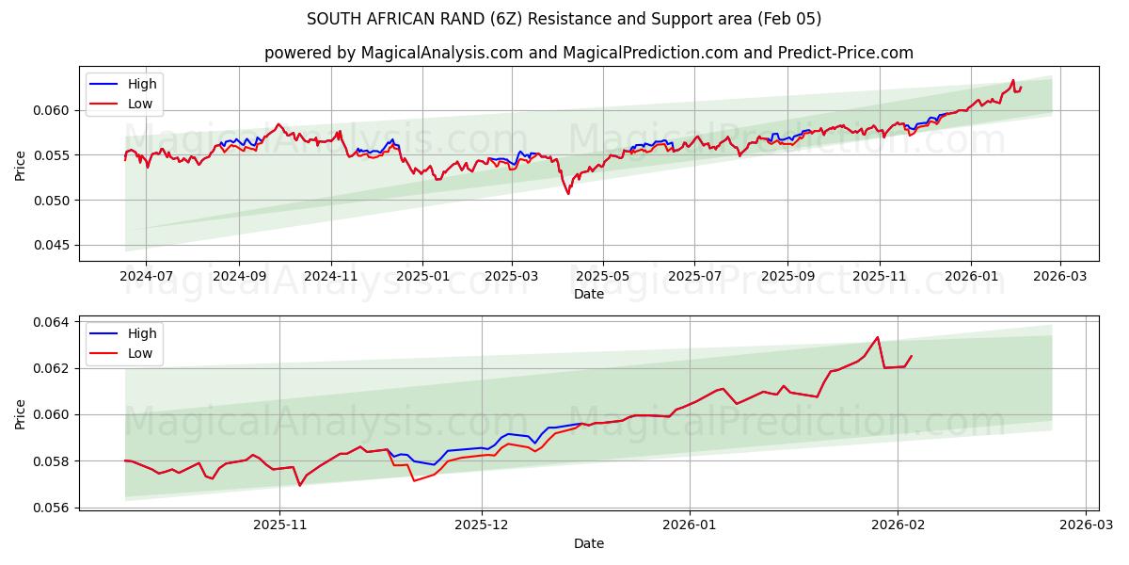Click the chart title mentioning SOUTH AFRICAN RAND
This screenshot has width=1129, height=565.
[x=564, y=19]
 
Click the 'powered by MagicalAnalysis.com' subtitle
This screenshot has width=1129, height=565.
[x=588, y=53]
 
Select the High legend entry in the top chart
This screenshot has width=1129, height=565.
[x=142, y=84]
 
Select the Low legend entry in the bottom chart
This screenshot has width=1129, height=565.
[x=142, y=354]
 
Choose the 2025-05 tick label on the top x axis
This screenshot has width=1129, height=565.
[x=602, y=277]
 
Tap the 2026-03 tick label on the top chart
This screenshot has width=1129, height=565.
[x=1060, y=277]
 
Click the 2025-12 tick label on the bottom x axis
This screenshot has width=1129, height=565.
[x=482, y=525]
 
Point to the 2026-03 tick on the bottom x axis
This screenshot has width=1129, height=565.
[x=1086, y=525]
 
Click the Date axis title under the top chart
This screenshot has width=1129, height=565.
[x=588, y=294]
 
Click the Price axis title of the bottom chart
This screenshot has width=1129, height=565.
[x=22, y=413]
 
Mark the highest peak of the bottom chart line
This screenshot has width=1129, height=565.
[x=877, y=337]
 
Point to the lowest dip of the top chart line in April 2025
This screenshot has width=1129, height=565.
[x=568, y=194]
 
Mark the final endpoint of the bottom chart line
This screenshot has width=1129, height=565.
[x=911, y=356]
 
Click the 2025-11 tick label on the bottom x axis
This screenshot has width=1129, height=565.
[x=280, y=525]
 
